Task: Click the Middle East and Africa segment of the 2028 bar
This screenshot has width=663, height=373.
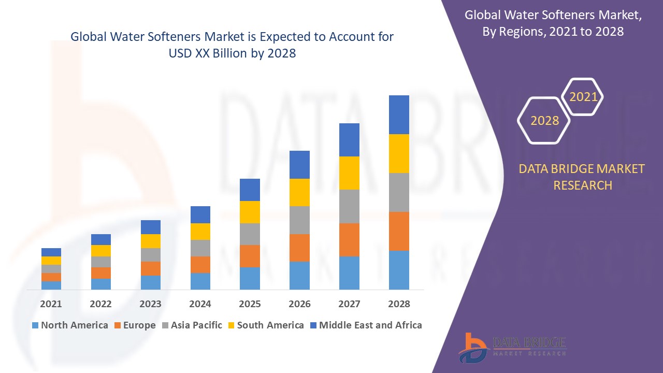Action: (x=399, y=114)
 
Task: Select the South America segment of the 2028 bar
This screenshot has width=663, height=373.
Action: (x=399, y=153)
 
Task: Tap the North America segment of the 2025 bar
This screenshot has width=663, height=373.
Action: (x=250, y=278)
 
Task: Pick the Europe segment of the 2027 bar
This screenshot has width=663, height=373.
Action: (x=349, y=239)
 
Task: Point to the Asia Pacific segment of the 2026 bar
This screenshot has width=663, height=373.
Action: (x=299, y=220)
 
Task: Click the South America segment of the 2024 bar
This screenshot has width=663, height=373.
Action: (x=200, y=232)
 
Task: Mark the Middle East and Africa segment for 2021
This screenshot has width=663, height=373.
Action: (x=51, y=252)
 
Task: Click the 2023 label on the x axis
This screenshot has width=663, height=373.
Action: (x=150, y=304)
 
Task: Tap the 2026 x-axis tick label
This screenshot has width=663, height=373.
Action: (x=299, y=304)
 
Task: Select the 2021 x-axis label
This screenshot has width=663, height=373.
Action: (x=51, y=304)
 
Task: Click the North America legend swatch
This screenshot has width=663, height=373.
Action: (x=35, y=325)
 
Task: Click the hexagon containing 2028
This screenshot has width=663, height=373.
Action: (x=544, y=121)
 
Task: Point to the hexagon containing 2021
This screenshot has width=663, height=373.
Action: (x=583, y=97)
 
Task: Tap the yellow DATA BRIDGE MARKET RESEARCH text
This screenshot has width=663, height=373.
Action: (x=582, y=177)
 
